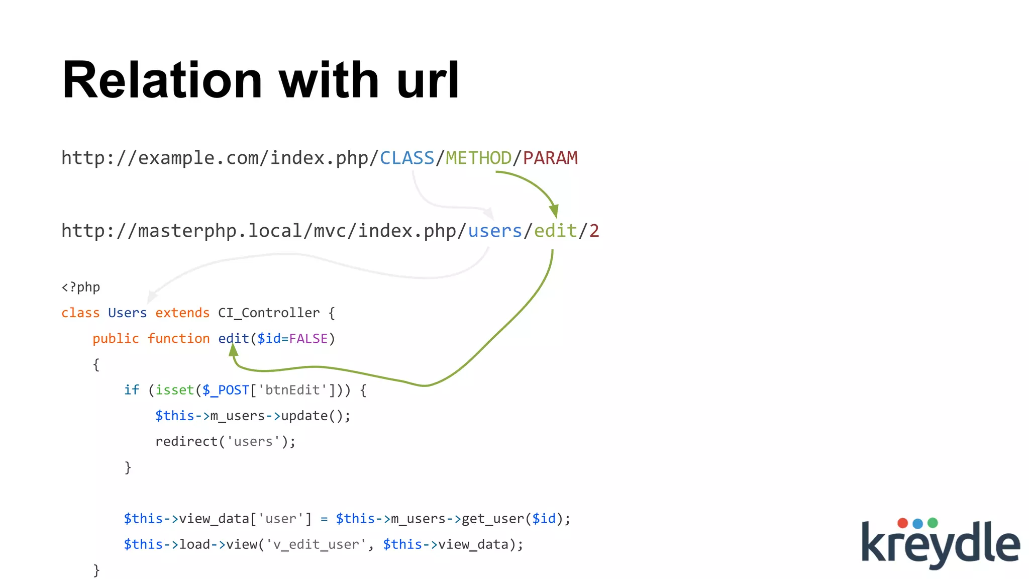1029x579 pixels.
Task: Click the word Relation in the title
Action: (x=162, y=80)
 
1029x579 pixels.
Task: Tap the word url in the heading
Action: (x=428, y=80)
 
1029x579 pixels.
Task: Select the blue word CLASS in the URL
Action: (x=406, y=158)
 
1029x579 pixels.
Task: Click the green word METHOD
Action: (x=478, y=158)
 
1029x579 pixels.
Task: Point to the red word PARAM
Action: (x=550, y=158)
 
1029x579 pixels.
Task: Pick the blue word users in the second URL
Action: (x=495, y=231)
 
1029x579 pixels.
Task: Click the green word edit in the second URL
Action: (x=555, y=231)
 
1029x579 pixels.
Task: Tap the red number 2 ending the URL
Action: (x=594, y=231)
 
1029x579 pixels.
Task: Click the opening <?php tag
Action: (x=80, y=287)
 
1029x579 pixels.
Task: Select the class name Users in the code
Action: (x=127, y=313)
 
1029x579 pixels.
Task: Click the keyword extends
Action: (x=182, y=313)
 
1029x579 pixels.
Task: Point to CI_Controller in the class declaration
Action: (x=269, y=313)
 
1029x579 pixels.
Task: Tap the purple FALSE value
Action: (x=308, y=339)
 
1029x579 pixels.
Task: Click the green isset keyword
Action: (x=175, y=390)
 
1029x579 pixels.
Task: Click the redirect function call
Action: (x=186, y=442)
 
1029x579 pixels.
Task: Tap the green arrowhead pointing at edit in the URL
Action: (x=554, y=211)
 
